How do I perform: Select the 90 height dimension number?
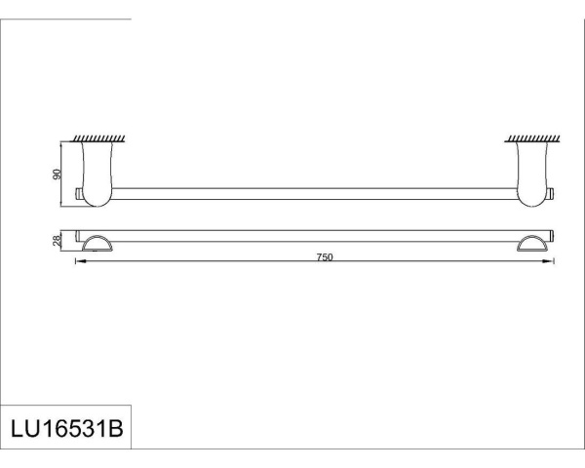coord(58,174)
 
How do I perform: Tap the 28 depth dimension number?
coord(58,240)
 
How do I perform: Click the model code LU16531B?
coord(65,429)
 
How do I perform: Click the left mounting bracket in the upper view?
coord(97,174)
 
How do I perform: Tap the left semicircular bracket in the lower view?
coord(98,244)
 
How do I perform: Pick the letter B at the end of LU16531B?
coord(116,429)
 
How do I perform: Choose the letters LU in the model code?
coord(23,429)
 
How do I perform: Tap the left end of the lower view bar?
coord(79,236)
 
